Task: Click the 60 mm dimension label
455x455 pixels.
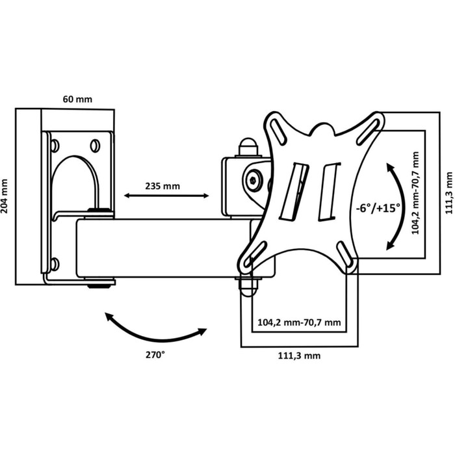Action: tap(77, 99)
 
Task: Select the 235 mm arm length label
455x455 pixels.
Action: tap(162, 185)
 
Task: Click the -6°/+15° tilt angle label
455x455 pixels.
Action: tap(378, 209)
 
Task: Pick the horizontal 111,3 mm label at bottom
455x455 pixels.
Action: tap(298, 356)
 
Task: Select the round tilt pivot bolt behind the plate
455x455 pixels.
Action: tap(255, 180)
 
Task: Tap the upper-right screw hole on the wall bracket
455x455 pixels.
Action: tap(95, 144)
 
